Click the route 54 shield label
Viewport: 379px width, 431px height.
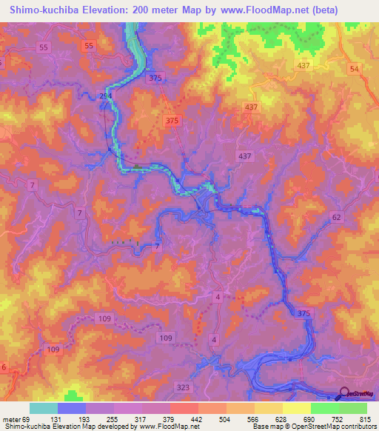click(354, 69)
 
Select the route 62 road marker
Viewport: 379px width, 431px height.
click(337, 218)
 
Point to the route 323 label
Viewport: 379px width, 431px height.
click(182, 387)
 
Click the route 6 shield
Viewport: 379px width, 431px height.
click(4, 367)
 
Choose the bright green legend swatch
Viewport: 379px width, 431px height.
click(325, 408)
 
